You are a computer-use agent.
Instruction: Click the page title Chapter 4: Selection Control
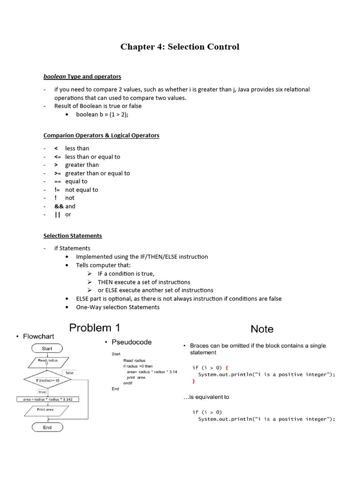[180, 47]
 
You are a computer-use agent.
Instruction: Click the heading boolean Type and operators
[82, 76]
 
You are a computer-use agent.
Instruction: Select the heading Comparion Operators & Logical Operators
[101, 135]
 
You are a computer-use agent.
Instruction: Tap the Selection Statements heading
[73, 236]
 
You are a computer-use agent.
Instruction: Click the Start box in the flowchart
[47, 349]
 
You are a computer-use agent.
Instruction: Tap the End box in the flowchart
[47, 427]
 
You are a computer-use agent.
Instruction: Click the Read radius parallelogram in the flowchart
[47, 361]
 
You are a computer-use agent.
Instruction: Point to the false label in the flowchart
[69, 373]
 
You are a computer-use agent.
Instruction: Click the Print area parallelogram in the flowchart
[45, 410]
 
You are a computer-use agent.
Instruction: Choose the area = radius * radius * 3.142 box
[47, 399]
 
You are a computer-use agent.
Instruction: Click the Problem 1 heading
[97, 328]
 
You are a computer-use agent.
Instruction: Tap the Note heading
[262, 329]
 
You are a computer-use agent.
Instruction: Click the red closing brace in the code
[194, 382]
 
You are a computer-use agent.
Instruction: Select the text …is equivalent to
[206, 397]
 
